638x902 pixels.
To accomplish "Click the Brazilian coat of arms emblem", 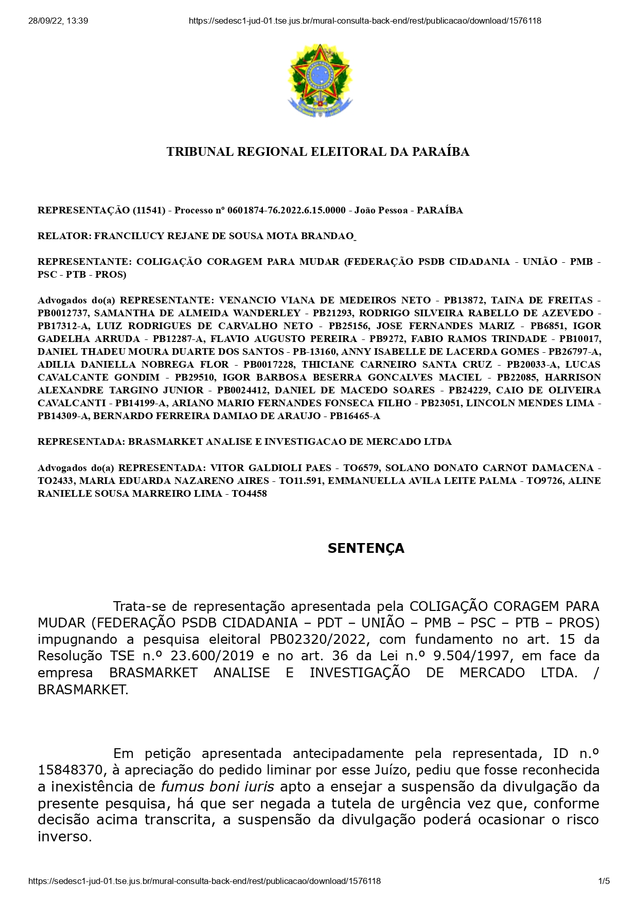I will (320, 81).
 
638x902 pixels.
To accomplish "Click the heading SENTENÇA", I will (366, 548).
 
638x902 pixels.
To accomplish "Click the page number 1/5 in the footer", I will (604, 881).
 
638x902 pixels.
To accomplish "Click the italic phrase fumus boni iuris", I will (218, 786).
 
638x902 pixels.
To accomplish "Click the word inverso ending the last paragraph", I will (64, 836).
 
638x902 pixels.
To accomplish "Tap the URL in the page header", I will (365, 21).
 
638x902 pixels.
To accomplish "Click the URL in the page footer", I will (204, 881).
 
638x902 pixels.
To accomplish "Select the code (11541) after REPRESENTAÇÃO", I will (149, 210).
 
